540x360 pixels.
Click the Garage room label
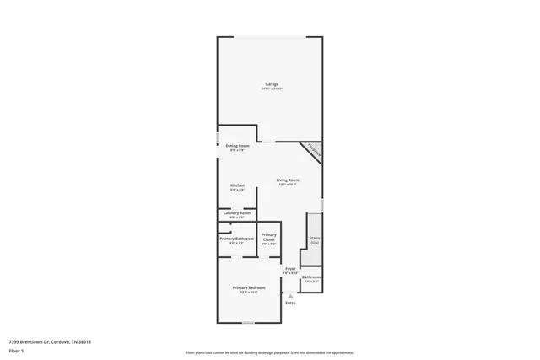272,83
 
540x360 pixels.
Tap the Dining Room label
237,146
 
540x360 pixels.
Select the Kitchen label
237,185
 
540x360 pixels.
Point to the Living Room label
288,180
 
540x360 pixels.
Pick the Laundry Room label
237,213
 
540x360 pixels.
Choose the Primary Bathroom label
237,239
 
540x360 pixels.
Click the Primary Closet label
269,237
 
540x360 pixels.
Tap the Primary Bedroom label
249,287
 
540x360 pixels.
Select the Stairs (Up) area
314,239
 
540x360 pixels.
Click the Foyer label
289,269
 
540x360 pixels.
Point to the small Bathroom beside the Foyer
311,277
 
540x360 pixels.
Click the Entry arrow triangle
290,297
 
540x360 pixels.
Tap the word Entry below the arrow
290,304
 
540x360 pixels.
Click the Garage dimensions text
272,89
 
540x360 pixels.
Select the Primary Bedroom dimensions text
249,293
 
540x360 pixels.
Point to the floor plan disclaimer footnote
270,352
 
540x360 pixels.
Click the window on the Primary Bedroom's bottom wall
247,323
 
